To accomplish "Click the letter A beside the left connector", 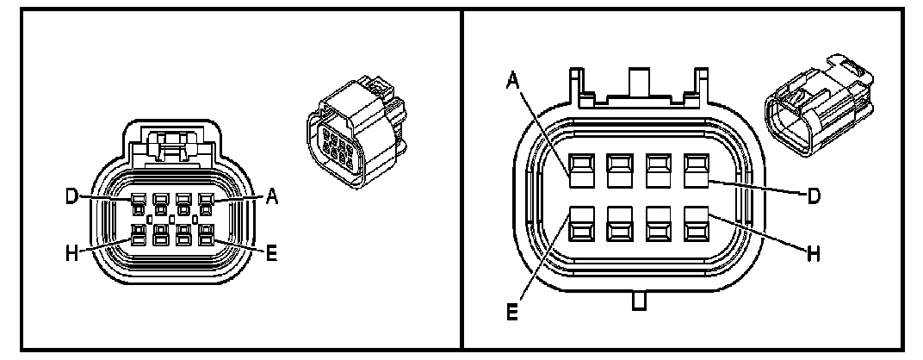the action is (272, 197).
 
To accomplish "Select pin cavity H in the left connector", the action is (138, 233).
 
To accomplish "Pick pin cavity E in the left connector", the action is (205, 233).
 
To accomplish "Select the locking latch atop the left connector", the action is (170, 142).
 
